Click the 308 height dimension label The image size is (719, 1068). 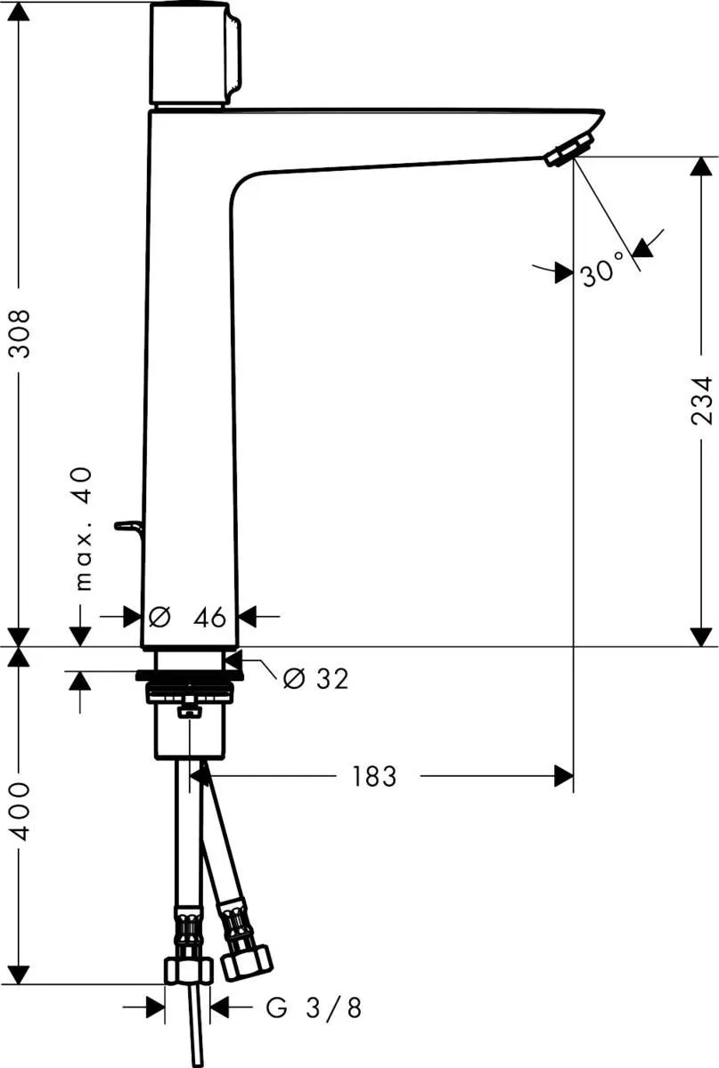[x=20, y=334]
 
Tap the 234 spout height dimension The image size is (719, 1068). [x=701, y=400]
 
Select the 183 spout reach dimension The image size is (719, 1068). [x=374, y=776]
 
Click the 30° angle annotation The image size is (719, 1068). [x=602, y=271]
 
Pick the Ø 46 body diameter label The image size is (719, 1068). [x=187, y=618]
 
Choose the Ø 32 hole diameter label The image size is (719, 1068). [x=315, y=678]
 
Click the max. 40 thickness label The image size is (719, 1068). [x=84, y=530]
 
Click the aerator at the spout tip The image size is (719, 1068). [x=569, y=150]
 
